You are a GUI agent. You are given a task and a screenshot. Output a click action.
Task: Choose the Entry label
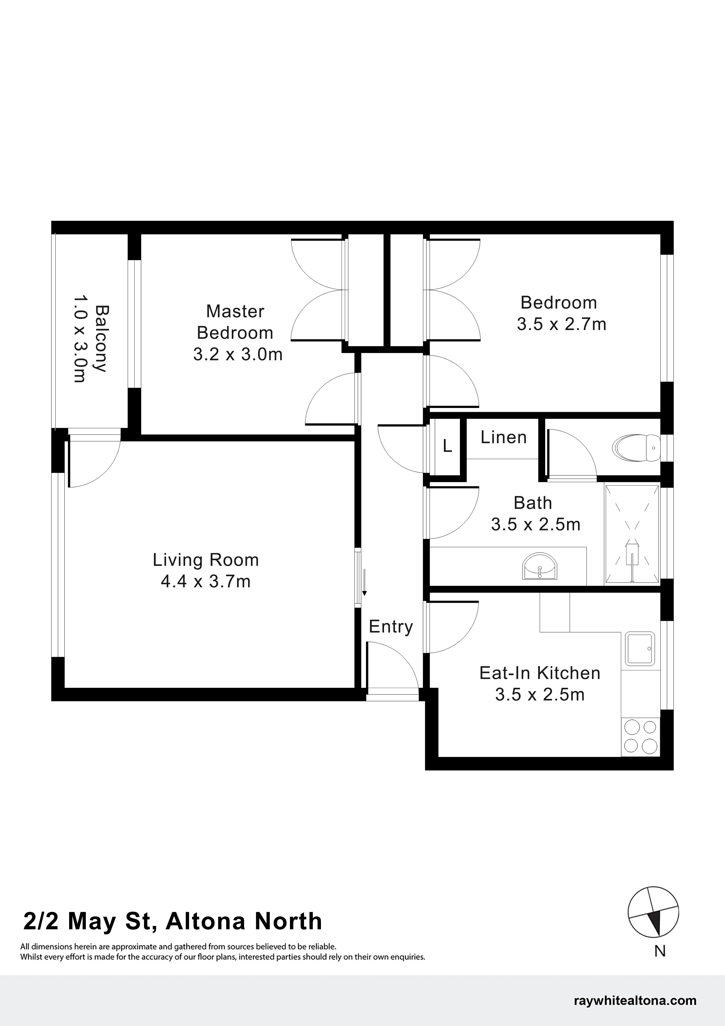click(x=391, y=627)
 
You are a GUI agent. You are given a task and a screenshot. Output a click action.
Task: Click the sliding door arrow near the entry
click(x=364, y=582)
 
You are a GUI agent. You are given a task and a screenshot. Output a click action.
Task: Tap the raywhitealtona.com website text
click(x=635, y=1000)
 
